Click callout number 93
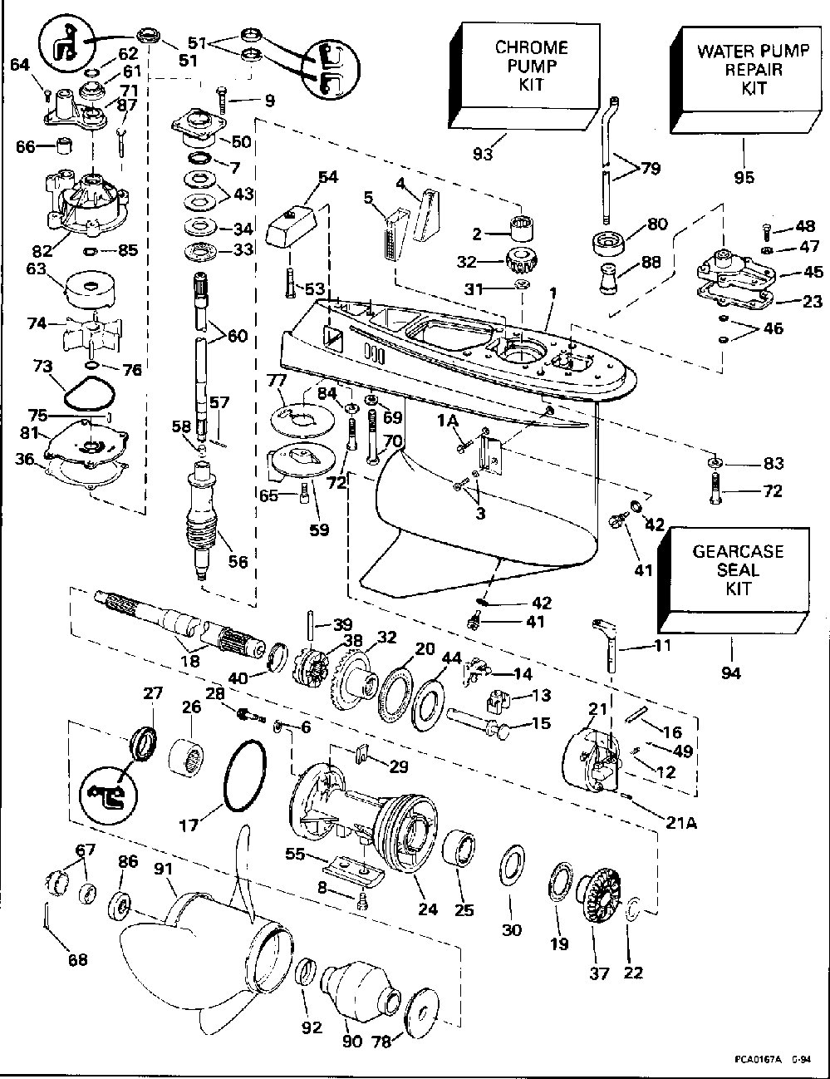[484, 154]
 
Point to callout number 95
[743, 176]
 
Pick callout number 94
[730, 673]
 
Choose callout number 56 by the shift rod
[237, 562]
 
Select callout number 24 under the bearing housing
[427, 909]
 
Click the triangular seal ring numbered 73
[86, 392]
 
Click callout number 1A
[449, 421]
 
